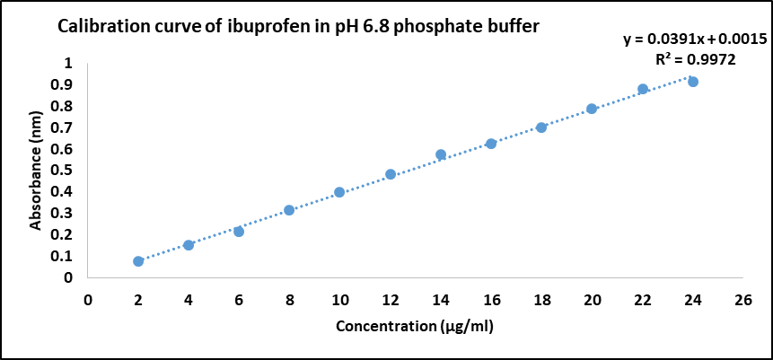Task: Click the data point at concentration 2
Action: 138,261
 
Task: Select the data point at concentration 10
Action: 339,192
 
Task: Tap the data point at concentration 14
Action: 441,154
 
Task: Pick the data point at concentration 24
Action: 693,82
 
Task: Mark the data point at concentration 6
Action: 239,232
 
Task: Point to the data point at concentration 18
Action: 541,127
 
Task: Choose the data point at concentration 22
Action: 643,89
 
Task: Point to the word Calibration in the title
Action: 101,27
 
